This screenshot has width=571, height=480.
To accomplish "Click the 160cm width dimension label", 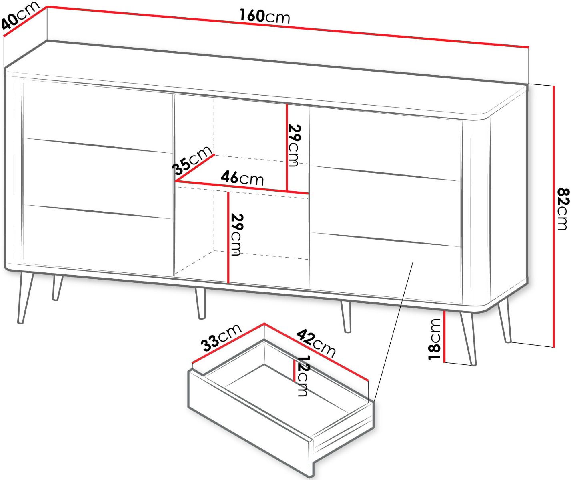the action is coord(264,16).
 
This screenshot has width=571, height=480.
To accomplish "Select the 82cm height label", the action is coord(564,209).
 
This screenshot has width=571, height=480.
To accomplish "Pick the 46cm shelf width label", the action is coord(242,178).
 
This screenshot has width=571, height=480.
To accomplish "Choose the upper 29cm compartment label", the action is coord(295,146).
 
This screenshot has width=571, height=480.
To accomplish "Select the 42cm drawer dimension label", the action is coord(316,343).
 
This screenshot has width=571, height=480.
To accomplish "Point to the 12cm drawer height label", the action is coord(303,376).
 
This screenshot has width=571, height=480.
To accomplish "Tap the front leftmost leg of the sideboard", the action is coord(26,298).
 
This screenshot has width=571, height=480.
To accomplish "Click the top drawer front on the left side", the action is coord(98,116).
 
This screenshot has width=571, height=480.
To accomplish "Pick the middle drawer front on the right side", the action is coord(386,206).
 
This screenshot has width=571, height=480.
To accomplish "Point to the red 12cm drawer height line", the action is coord(294,370).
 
